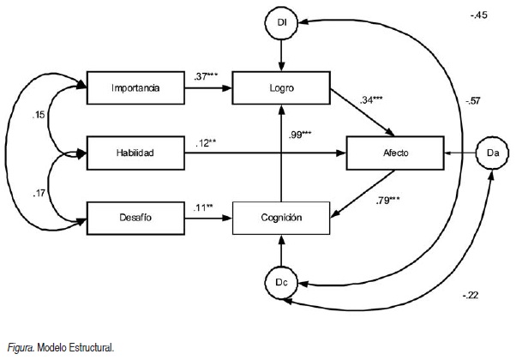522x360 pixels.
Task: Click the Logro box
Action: point(282,87)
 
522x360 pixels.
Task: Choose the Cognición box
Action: point(282,218)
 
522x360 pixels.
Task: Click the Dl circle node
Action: point(281,24)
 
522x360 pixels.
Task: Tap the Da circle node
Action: point(492,153)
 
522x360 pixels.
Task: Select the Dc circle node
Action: point(281,281)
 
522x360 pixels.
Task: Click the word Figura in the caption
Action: point(19,347)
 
